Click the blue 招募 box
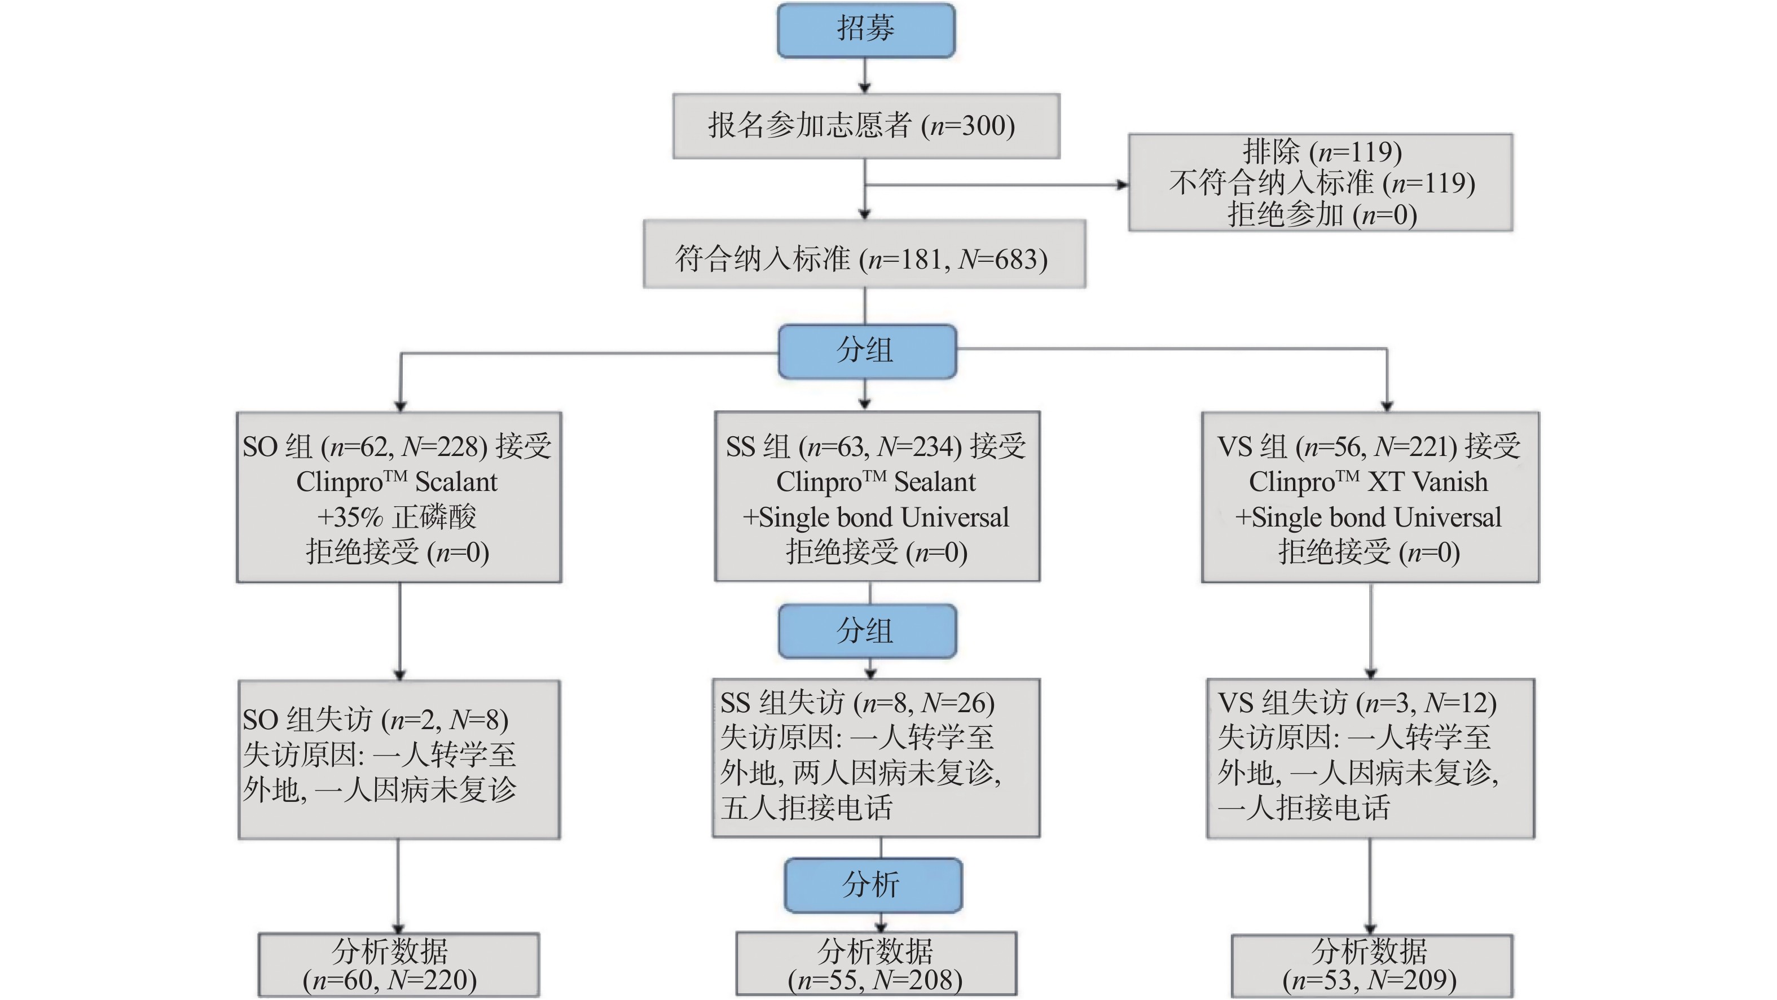pyautogui.click(x=866, y=30)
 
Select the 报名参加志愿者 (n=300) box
pyautogui.click(x=866, y=126)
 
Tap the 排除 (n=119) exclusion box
pyautogui.click(x=1320, y=182)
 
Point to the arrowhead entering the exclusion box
pyautogui.click(x=1123, y=185)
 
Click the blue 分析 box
pyautogui.click(x=873, y=885)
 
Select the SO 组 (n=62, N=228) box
pyautogui.click(x=399, y=497)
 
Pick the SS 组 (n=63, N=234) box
pyautogui.click(x=877, y=497)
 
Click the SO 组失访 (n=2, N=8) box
pyautogui.click(x=399, y=759)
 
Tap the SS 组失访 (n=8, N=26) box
pyautogui.click(x=876, y=758)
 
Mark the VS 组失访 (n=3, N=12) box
pyautogui.click(x=1370, y=758)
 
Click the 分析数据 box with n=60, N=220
pyautogui.click(x=399, y=965)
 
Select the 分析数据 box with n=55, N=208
pyautogui.click(x=876, y=964)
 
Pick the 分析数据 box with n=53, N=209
pyautogui.click(x=1371, y=966)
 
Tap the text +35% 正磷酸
pyautogui.click(x=397, y=517)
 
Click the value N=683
pyautogui.click(x=1002, y=260)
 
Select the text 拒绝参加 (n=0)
pyautogui.click(x=1322, y=214)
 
